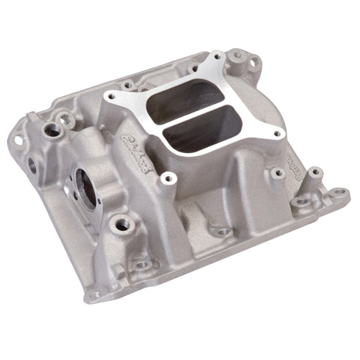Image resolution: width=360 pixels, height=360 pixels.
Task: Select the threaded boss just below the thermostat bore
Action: (x=119, y=223)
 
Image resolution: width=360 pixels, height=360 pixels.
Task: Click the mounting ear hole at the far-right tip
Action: (x=339, y=193)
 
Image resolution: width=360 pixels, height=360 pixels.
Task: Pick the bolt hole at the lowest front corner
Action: (x=142, y=265)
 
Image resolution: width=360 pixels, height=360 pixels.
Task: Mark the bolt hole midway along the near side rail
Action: (x=223, y=232)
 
